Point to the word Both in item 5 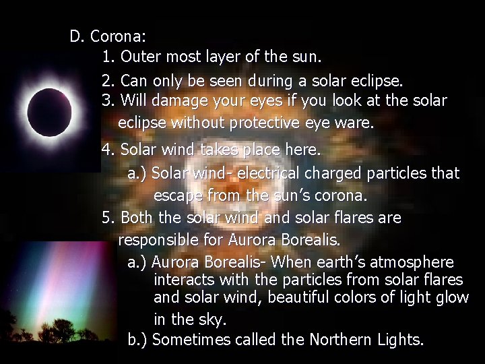pos(138,218)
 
